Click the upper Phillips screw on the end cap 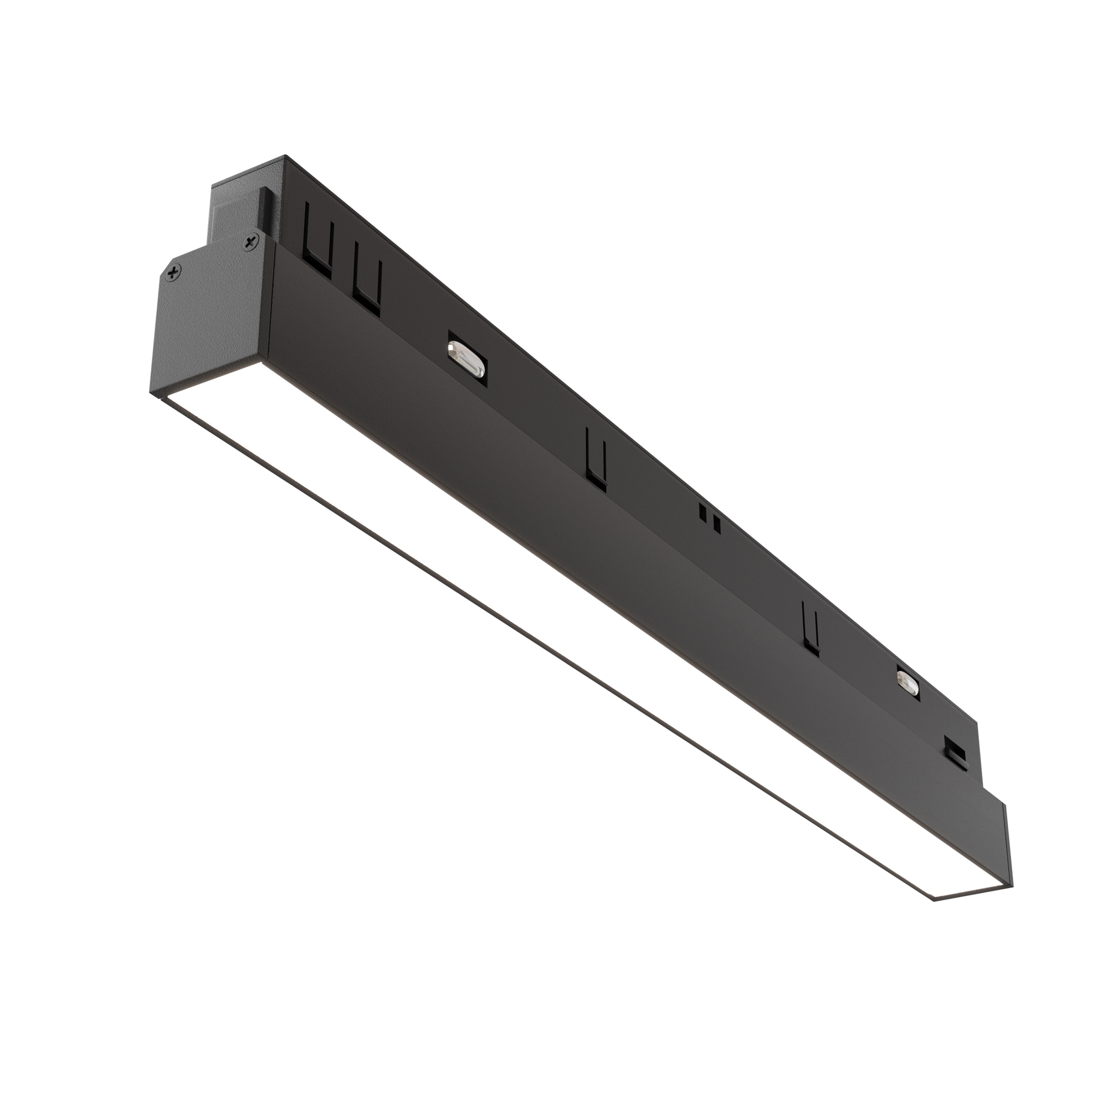tap(250, 243)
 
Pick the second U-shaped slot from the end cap tap(367, 278)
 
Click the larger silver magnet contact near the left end tap(466, 358)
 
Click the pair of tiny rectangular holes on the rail tap(710, 516)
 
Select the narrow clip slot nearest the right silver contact tap(811, 628)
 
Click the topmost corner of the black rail tap(285, 156)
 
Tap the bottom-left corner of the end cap tap(151, 393)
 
